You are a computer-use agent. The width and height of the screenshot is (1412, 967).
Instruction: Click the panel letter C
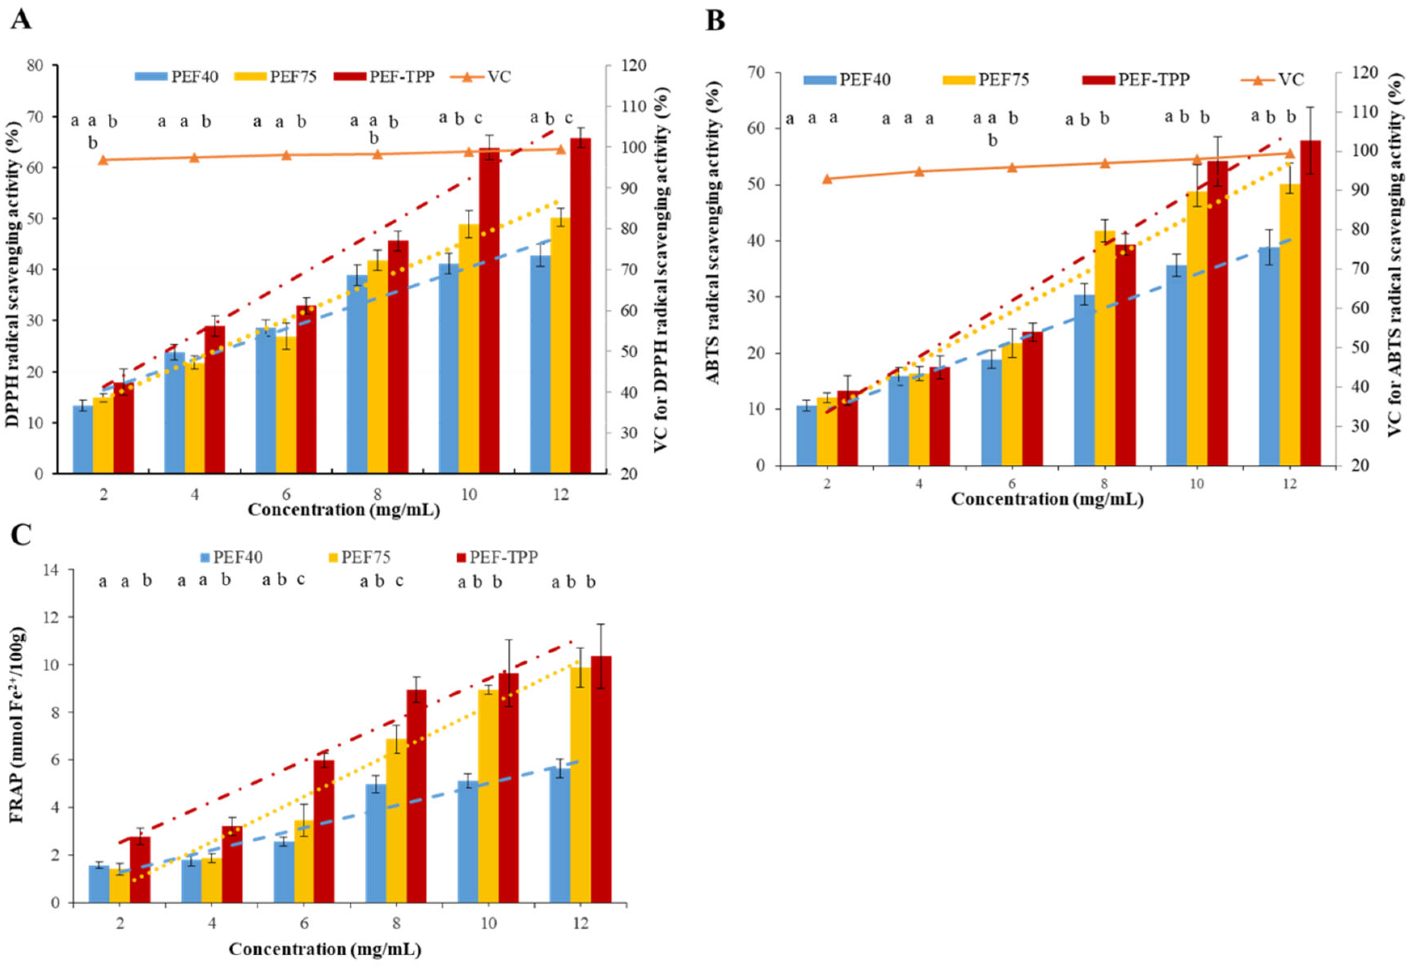(x=21, y=536)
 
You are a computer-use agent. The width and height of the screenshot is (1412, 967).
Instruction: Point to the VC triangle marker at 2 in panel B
(x=827, y=179)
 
